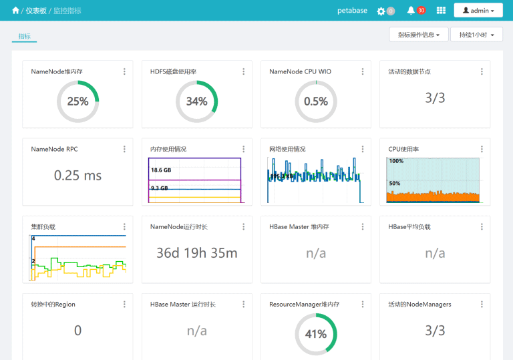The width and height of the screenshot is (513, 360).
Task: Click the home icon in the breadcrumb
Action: coord(16,11)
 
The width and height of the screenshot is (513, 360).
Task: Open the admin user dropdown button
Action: coord(478,11)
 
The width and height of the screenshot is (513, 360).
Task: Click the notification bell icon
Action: coord(411,10)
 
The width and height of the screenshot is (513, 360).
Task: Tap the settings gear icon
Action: coord(381,11)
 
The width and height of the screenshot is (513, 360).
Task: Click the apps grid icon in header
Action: coord(441,11)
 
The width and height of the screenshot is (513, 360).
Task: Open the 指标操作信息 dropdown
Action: coord(418,35)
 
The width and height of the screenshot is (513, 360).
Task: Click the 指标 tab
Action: coord(24,36)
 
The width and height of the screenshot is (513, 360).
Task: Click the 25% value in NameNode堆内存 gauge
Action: coord(77,102)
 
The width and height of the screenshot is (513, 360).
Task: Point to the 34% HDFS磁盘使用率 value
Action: coord(196,102)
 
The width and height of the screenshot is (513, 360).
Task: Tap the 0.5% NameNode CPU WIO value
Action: coord(316,102)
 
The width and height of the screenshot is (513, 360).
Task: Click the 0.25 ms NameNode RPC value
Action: coord(77,176)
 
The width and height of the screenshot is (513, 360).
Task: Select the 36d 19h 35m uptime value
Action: coord(196,253)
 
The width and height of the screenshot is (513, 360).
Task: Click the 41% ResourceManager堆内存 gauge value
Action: coord(316,334)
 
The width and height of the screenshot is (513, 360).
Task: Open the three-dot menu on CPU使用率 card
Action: coord(482,149)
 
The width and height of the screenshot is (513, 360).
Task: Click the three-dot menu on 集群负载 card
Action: coord(124,227)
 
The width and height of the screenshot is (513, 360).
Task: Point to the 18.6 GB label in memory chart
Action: coord(161,170)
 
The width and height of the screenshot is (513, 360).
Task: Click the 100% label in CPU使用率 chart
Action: coord(396,161)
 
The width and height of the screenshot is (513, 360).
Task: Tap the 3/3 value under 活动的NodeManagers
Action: coord(435,331)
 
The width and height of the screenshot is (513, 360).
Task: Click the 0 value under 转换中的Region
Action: coord(77,331)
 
